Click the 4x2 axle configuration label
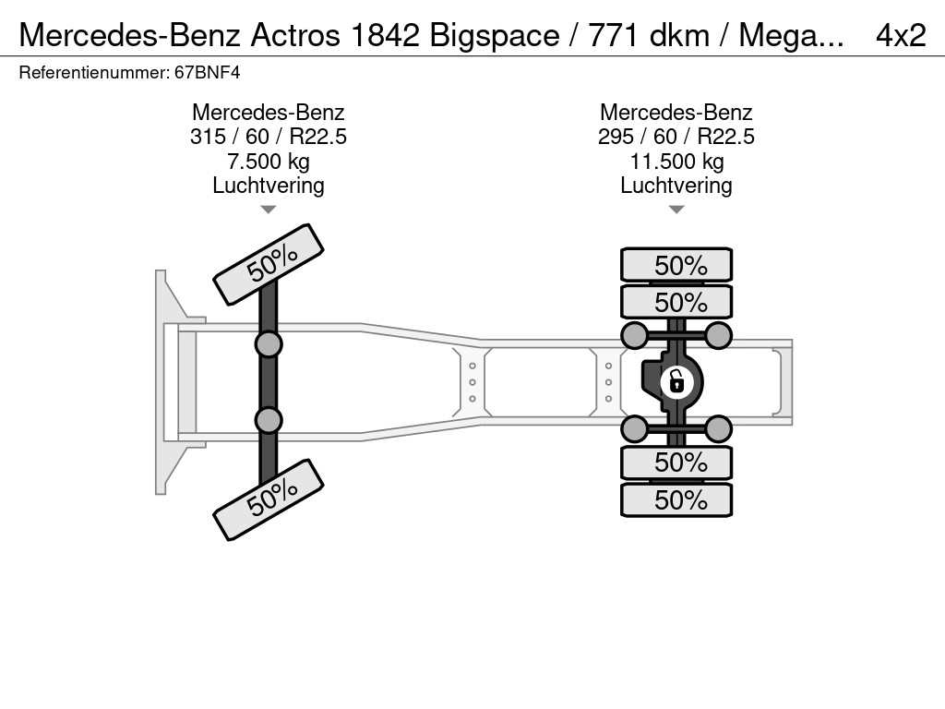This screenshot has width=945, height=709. (901, 35)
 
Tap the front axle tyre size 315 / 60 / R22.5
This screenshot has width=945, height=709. (268, 137)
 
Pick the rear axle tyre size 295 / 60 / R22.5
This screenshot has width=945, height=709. (676, 137)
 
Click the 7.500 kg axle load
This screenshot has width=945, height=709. (268, 162)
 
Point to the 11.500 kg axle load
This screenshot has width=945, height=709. (676, 162)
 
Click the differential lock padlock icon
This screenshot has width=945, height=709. (676, 379)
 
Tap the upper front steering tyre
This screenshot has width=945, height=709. (269, 264)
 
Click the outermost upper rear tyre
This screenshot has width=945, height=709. (676, 265)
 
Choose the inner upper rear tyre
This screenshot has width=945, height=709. (676, 302)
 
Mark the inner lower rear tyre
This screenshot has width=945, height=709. (676, 462)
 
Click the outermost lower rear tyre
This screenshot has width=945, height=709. (676, 499)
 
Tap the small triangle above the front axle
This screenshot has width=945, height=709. (268, 210)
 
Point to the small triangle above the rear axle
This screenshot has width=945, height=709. (676, 210)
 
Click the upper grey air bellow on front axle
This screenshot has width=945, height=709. (269, 345)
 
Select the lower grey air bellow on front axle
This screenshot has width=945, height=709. (269, 420)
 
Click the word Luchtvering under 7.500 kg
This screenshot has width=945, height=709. (268, 186)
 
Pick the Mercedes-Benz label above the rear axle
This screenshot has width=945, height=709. (676, 113)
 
